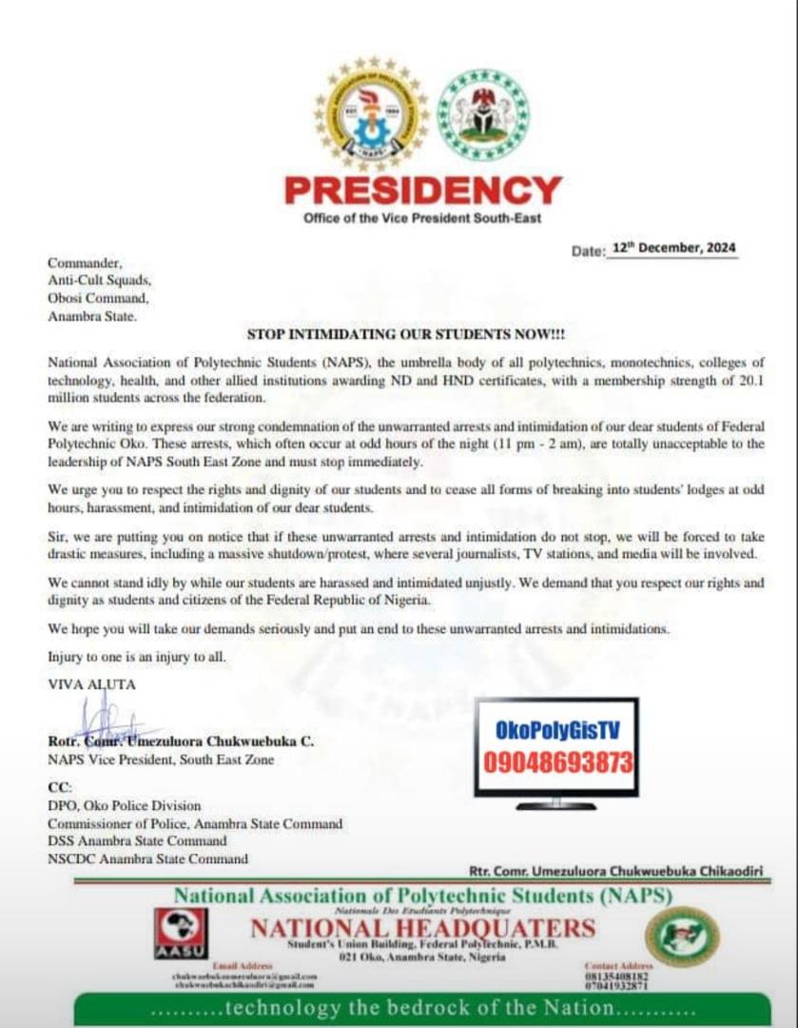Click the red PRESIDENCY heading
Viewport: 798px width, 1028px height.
pyautogui.click(x=422, y=191)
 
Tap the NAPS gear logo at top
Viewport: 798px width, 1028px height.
pyautogui.click(x=371, y=114)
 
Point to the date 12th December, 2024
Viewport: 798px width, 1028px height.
pyautogui.click(x=673, y=247)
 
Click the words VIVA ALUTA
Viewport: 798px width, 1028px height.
pyautogui.click(x=91, y=683)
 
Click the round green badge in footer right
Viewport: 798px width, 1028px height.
pyautogui.click(x=682, y=937)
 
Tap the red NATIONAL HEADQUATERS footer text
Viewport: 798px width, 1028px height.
pyautogui.click(x=422, y=928)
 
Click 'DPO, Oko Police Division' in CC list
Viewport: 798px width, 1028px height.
pyautogui.click(x=125, y=806)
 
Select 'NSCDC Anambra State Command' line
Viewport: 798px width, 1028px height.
pyautogui.click(x=147, y=859)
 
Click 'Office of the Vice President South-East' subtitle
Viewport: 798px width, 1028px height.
pyautogui.click(x=422, y=219)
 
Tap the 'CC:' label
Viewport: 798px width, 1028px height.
pyautogui.click(x=59, y=788)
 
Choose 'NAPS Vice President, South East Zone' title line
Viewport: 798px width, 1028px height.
pyautogui.click(x=161, y=760)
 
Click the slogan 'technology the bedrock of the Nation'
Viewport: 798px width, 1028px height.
pyautogui.click(x=422, y=1008)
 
